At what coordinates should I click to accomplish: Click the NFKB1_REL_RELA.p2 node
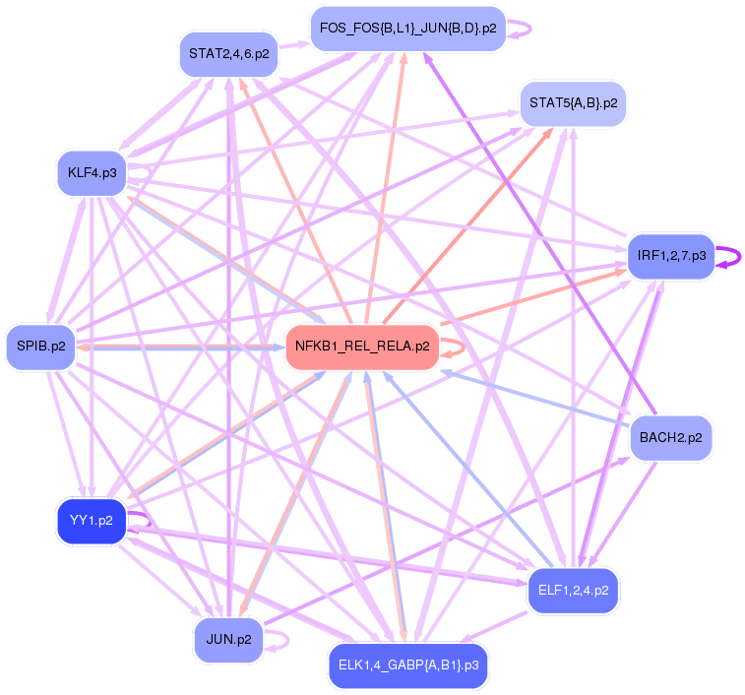coord(362,347)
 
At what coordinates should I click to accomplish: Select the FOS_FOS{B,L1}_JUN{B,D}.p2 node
coord(407,29)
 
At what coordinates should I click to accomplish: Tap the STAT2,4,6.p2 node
coord(228,53)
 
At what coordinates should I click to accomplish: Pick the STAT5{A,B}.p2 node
coord(573,102)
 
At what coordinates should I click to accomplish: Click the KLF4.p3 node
coord(92,173)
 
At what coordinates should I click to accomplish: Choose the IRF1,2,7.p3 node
coord(671,256)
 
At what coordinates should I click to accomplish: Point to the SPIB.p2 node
coord(40,347)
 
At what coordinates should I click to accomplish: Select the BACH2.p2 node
coord(670,437)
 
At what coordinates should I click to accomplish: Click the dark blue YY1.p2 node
coord(91,520)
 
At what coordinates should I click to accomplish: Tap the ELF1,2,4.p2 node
coord(574,591)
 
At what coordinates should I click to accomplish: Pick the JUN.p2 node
coord(228,639)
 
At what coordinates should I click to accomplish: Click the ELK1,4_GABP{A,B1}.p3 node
coord(407,665)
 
